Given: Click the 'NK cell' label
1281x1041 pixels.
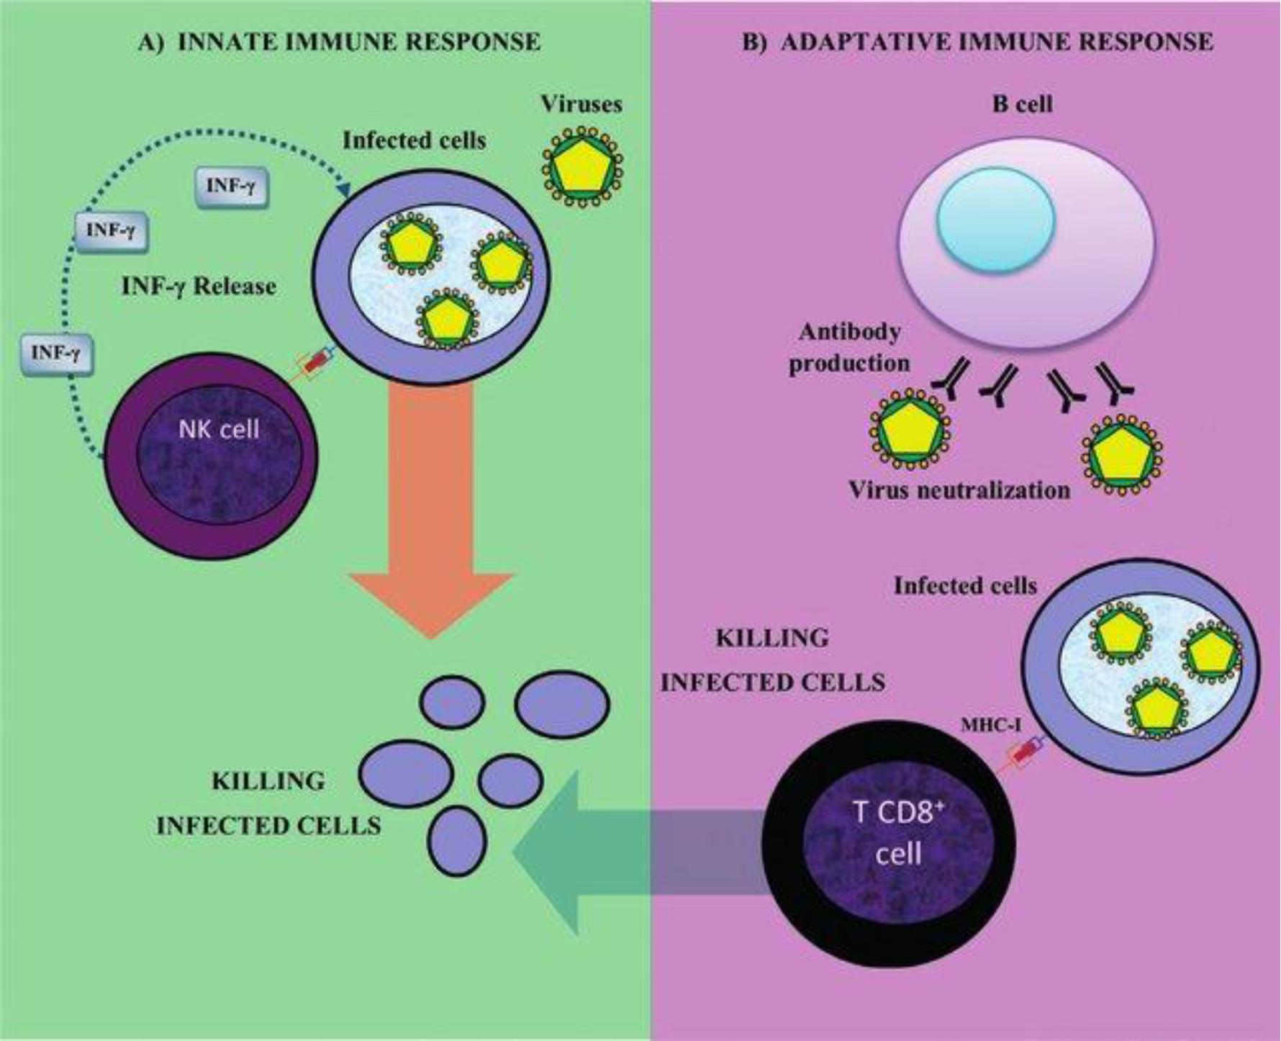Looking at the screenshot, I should tap(219, 430).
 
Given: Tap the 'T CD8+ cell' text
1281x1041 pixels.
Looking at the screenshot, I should tap(898, 833).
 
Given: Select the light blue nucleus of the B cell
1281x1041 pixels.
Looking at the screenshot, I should tap(996, 219).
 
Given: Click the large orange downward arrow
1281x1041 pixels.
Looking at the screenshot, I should tap(431, 518).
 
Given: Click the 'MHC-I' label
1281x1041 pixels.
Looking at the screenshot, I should tap(990, 725).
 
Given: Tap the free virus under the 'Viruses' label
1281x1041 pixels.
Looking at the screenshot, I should tap(582, 168).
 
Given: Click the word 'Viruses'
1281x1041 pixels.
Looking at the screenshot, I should tap(581, 104).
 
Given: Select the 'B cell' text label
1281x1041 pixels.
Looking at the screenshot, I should tap(1022, 104).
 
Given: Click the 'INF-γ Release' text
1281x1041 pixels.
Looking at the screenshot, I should tap(199, 287).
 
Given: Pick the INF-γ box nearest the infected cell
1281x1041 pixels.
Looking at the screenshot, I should tap(232, 186).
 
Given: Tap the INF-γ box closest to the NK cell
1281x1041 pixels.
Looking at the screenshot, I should tap(57, 353).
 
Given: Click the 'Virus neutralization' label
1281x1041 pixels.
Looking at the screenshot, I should tap(959, 490).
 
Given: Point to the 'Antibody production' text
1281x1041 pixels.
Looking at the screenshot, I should tap(849, 347).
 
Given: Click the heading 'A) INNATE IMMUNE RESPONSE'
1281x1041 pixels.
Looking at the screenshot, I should tap(339, 42).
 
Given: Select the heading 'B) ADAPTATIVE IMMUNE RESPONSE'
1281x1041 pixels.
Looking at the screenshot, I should tap(977, 42).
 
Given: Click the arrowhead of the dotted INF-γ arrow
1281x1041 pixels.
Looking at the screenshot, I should tap(345, 190).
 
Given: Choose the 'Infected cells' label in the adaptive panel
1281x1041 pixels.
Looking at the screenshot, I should tap(965, 586).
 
